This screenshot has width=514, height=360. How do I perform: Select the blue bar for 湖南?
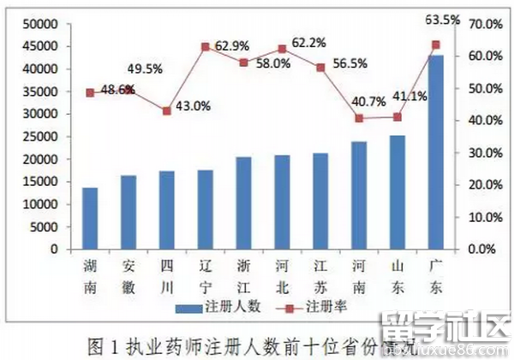(x=90, y=219)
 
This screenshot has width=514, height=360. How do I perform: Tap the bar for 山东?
(x=397, y=192)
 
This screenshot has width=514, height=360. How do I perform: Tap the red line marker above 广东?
(x=435, y=45)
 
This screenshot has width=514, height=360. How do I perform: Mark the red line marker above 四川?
(x=167, y=111)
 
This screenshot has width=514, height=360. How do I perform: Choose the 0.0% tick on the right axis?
(x=480, y=249)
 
